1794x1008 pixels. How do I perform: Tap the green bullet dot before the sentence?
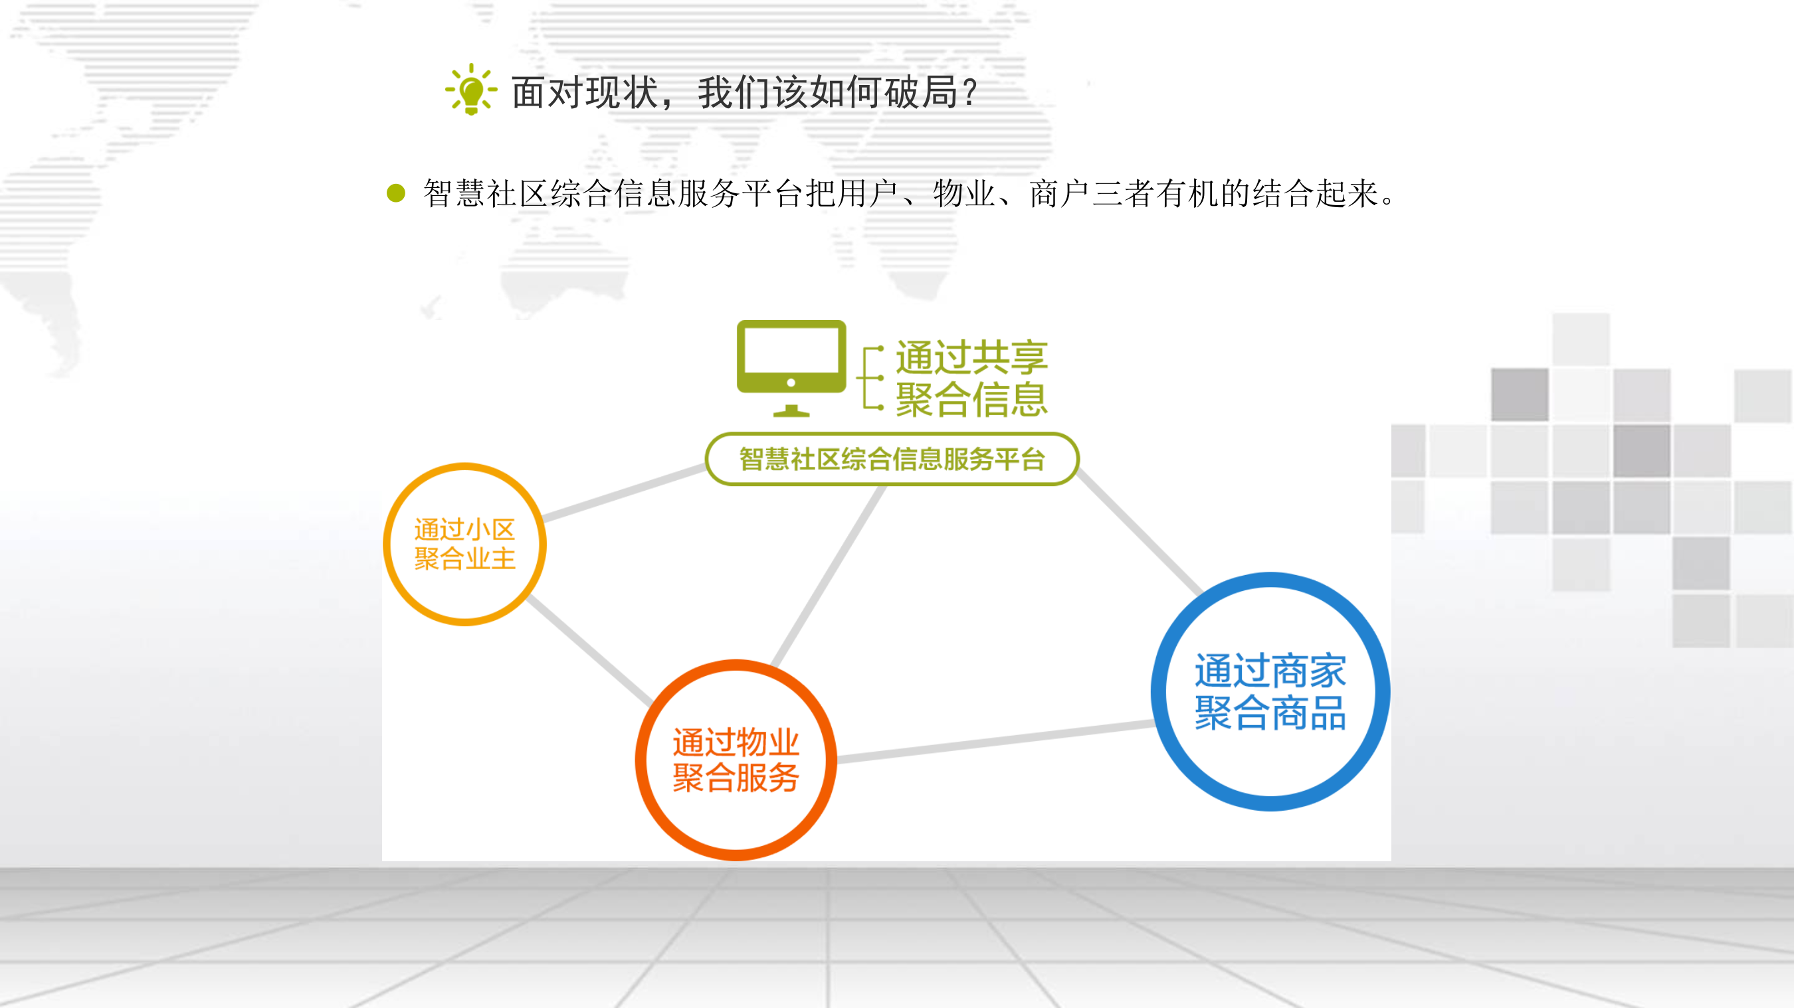pos(395,193)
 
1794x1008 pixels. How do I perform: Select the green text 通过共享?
pos(971,357)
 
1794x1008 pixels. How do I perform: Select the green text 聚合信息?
pos(971,400)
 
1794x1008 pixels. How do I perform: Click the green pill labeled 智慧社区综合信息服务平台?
pos(892,459)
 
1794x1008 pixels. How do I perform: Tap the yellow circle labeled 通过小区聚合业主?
pos(464,544)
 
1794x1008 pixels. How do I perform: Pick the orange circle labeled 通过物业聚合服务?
pos(736,760)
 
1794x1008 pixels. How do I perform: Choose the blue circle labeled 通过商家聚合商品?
pos(1270,691)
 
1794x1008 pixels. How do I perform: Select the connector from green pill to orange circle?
pos(829,574)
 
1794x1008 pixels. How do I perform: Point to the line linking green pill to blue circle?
pos(1140,533)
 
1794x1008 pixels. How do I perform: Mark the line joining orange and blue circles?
pos(996,741)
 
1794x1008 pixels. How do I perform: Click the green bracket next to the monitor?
pos(869,378)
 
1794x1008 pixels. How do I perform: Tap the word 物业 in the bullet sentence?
pos(963,193)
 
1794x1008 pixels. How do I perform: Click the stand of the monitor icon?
pos(791,411)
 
